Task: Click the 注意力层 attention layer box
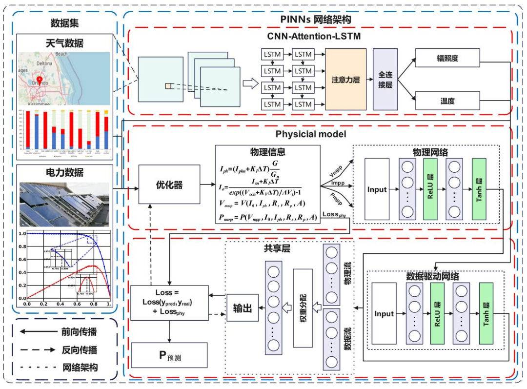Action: [345, 79]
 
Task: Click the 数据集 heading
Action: [64, 22]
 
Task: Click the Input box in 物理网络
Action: [377, 189]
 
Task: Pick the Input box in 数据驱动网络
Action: [384, 313]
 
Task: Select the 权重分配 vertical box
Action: [303, 307]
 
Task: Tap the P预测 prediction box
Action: [169, 355]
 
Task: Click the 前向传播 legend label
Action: [79, 332]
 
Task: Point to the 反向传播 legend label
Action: [79, 349]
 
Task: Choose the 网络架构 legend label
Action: [79, 367]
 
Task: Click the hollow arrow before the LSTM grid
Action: [250, 83]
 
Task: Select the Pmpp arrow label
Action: [335, 199]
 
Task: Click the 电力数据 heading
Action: [64, 172]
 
